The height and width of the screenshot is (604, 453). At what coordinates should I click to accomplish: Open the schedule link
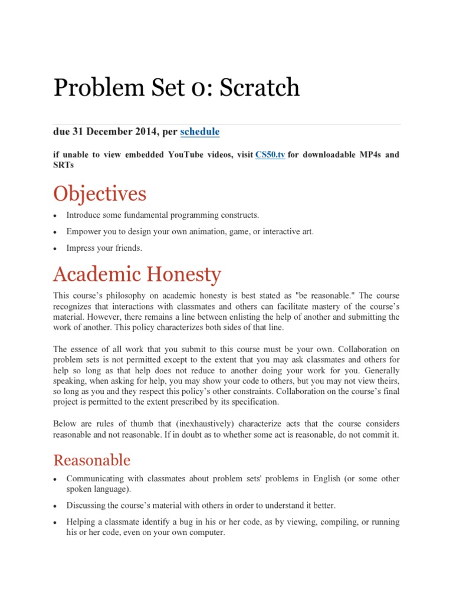(x=199, y=132)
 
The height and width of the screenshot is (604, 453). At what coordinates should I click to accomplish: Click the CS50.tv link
(x=270, y=155)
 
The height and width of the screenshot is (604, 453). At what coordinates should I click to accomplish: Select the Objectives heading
(x=100, y=193)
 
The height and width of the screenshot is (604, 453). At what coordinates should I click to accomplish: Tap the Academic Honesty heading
(x=137, y=274)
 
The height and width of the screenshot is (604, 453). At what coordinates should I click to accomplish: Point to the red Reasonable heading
(x=91, y=459)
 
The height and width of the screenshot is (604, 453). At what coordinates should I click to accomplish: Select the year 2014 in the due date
(x=146, y=132)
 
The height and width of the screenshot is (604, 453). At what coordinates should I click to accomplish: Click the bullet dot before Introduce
(x=55, y=215)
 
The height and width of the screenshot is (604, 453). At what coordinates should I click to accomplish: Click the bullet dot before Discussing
(x=55, y=506)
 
